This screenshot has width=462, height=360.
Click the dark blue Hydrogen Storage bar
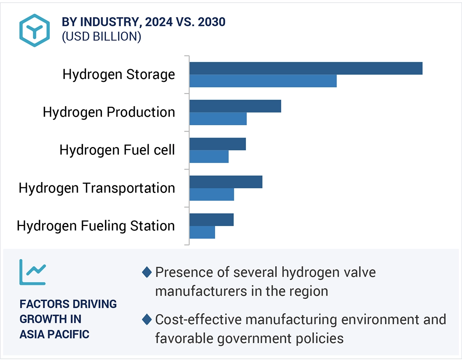306,68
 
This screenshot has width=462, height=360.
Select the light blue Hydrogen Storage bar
263,81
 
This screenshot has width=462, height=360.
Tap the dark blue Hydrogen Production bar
235,106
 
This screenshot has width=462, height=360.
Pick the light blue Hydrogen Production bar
218,119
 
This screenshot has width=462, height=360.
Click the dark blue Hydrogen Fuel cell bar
217,144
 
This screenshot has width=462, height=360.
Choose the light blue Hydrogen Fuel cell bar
208,156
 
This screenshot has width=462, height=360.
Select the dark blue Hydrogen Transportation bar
225,182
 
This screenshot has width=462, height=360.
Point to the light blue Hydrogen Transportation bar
211,194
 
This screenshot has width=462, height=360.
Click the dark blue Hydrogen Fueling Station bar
211,220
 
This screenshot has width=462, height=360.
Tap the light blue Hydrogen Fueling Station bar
202,232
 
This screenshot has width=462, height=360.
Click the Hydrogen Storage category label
118,74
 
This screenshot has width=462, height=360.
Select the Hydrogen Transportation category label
97,188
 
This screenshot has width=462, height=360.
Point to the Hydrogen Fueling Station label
96,226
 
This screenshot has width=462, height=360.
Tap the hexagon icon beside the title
35,30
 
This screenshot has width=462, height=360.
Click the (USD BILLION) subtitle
101,36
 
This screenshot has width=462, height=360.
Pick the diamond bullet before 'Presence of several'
147,272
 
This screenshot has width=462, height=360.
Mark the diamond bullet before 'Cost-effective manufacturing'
147,319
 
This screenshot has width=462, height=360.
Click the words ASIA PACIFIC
54,334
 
